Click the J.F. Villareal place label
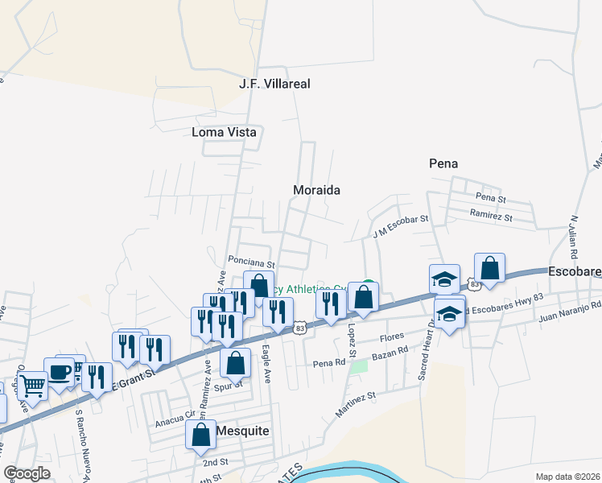[274, 84]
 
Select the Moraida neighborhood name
[316, 191]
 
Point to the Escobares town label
[575, 273]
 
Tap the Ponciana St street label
[251, 262]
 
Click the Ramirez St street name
[492, 217]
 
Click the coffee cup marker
[59, 372]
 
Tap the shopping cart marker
[32, 386]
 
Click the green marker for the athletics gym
[368, 286]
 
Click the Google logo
[27, 473]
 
